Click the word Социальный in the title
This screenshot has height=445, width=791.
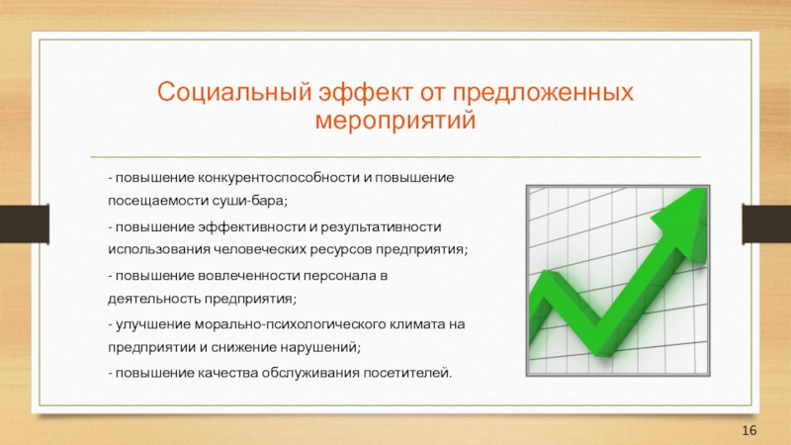[x=233, y=92]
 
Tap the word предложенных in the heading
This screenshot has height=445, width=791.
[x=543, y=93]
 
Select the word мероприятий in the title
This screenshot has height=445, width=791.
[x=395, y=121]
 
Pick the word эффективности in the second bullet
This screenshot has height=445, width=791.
[x=251, y=227]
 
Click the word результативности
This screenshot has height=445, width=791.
[x=381, y=227]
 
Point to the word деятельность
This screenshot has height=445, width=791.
[x=154, y=299]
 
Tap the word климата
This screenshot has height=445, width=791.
[x=416, y=324]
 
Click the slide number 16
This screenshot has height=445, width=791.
[x=749, y=430]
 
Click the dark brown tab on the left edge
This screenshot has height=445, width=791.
[x=24, y=224]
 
